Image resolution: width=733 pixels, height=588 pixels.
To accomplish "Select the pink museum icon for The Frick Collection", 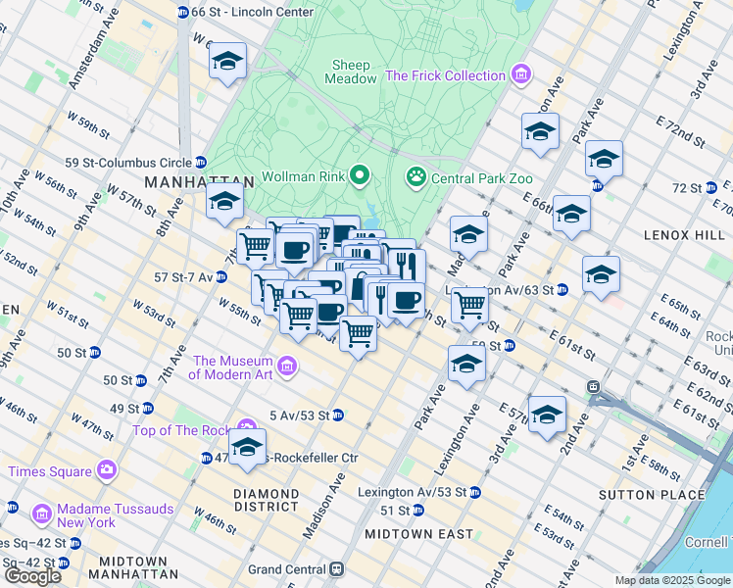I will click(x=521, y=75).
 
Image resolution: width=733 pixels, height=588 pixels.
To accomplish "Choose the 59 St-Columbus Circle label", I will click(x=125, y=162).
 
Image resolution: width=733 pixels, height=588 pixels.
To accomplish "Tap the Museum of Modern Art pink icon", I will click(x=287, y=367).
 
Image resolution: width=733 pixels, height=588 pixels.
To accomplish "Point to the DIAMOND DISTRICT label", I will click(x=267, y=500).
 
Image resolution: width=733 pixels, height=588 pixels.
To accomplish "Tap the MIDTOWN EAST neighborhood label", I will click(x=418, y=534).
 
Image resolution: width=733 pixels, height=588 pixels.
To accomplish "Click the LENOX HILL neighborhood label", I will click(x=683, y=235).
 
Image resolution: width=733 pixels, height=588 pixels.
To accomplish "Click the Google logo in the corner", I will click(x=32, y=575).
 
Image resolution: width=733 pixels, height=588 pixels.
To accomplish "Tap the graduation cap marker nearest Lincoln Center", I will click(x=226, y=64).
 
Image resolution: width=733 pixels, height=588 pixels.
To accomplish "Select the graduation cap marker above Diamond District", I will click(x=247, y=449).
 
